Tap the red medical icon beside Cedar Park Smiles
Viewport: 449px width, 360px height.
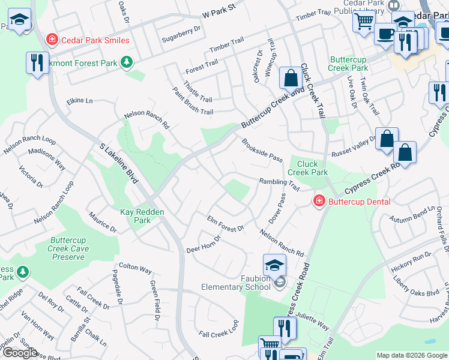(x=52, y=40)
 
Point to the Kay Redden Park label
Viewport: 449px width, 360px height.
(x=143, y=216)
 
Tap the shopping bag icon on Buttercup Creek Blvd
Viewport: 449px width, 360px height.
(x=291, y=78)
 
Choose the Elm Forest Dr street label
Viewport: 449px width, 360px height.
(x=225, y=224)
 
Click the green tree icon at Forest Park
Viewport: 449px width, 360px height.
(x=126, y=62)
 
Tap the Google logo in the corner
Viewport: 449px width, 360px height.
(x=20, y=353)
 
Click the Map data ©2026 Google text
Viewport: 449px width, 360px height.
(x=411, y=355)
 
